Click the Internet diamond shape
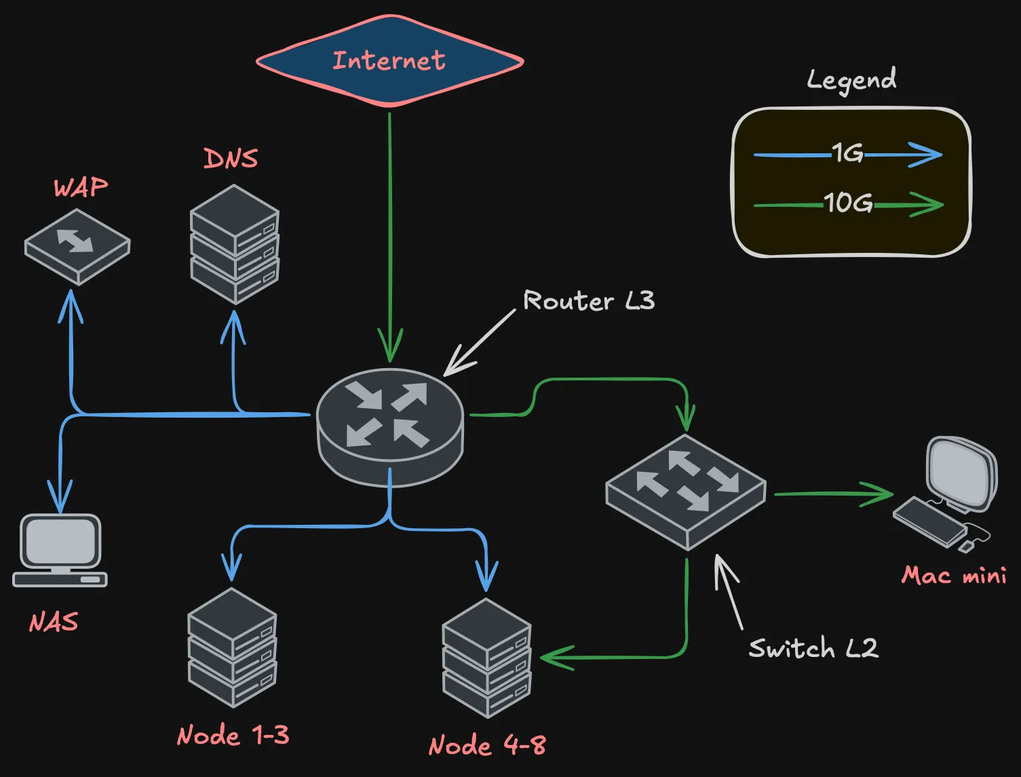(x=389, y=61)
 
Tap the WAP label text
(x=81, y=188)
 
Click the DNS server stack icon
(x=235, y=245)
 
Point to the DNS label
(x=231, y=159)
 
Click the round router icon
(x=390, y=426)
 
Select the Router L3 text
(x=589, y=300)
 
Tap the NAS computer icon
(x=60, y=550)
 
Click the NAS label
(x=54, y=622)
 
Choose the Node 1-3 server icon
(x=232, y=647)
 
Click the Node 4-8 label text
(x=487, y=745)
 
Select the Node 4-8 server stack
(x=486, y=658)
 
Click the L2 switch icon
(x=686, y=491)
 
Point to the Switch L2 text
(x=813, y=648)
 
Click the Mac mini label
(x=953, y=576)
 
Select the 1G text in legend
(x=847, y=153)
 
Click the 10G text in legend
(x=848, y=203)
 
